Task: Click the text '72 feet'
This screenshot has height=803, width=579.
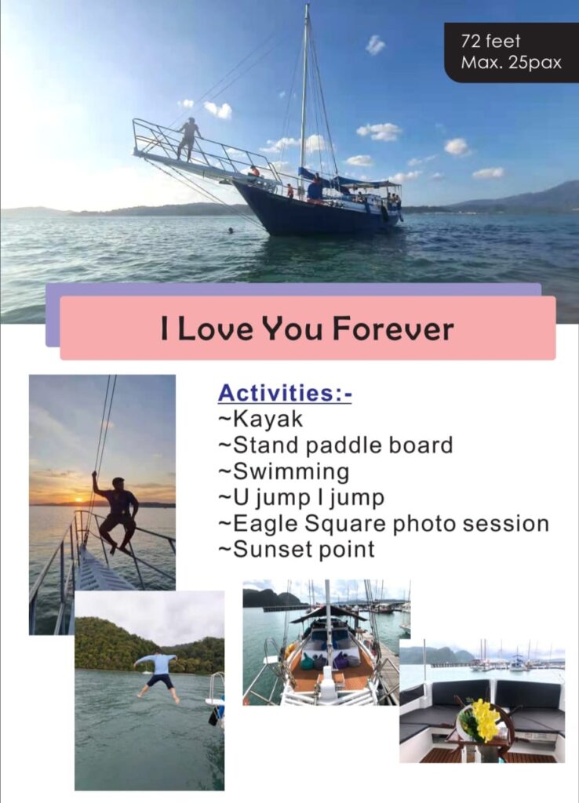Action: [x=490, y=42]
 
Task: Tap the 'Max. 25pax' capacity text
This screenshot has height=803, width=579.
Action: [x=511, y=63]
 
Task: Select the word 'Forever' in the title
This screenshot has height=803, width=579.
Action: [x=393, y=329]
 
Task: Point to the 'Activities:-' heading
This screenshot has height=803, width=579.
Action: [x=285, y=394]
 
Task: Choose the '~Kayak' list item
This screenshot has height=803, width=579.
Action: [x=260, y=419]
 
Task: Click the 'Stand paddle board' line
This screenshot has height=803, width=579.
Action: [x=343, y=445]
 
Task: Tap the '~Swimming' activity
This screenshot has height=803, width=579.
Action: [x=284, y=471]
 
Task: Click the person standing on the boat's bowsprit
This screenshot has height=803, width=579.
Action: [x=188, y=139]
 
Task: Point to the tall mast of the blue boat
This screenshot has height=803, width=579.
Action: [x=305, y=97]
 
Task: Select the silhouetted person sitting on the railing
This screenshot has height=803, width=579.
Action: [x=117, y=512]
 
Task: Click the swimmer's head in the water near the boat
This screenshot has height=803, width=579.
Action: [x=231, y=231]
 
